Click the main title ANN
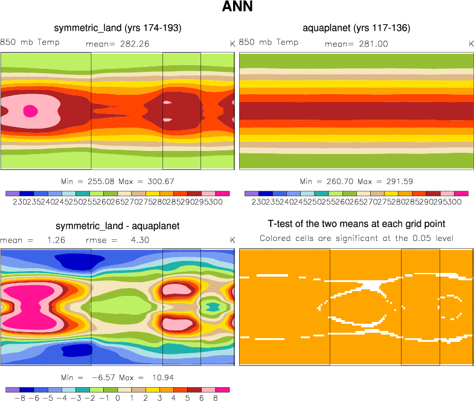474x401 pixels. coord(237,8)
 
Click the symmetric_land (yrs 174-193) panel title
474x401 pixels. coord(118,28)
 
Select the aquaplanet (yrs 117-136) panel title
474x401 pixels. coord(356,28)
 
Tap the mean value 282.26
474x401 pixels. coord(129,43)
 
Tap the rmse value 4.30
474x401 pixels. coord(139,240)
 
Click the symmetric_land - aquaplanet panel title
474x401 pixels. coord(118,226)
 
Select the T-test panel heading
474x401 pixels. coord(356,226)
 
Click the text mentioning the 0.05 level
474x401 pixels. coord(356,239)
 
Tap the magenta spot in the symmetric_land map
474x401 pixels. coord(30,111)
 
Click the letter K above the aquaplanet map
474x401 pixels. coord(472,43)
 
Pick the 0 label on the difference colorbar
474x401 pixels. coord(118,399)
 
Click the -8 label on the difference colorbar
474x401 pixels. coord(16,399)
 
